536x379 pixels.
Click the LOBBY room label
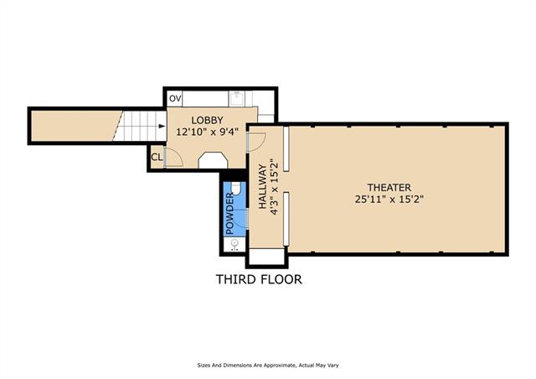tap(207, 120)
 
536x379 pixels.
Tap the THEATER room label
tap(389, 188)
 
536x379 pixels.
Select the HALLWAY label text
tap(262, 187)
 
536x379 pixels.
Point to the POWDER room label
tap(229, 214)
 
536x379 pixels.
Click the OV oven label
tap(175, 99)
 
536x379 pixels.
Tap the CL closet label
tap(157, 158)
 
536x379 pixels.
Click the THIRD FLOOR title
tap(259, 279)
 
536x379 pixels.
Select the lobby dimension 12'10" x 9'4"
tap(207, 132)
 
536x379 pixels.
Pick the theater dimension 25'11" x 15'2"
tap(389, 200)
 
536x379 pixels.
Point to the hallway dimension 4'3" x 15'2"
tap(274, 187)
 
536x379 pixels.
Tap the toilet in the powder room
tap(236, 189)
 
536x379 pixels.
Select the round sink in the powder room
tap(234, 243)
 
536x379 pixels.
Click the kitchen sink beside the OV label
tap(236, 99)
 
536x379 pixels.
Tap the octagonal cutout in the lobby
tap(213, 160)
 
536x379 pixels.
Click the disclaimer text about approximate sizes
tap(268, 366)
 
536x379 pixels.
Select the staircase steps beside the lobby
tap(140, 126)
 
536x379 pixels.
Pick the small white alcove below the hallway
tap(266, 257)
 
